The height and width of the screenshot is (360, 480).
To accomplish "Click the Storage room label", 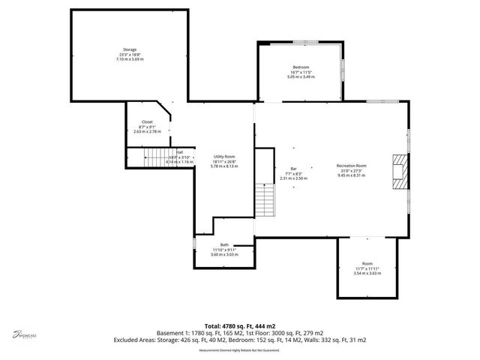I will pos(130,49).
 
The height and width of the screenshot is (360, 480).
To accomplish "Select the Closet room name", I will pos(147,121).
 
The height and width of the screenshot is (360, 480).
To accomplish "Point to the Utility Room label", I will pos(224,156).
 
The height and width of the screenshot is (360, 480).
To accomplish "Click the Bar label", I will pos(293,169).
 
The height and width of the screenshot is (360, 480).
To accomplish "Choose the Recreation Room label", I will pos(351,165).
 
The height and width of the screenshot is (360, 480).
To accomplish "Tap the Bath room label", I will pos(224,244).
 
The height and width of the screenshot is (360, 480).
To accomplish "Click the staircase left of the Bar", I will pos(262,196).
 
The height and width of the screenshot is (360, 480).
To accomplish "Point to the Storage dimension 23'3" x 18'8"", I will pos(130,54).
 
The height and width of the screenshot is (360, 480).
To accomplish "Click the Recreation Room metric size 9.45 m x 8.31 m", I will pos(351,174).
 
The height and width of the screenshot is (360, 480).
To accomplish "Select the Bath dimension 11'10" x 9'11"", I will pos(224,249).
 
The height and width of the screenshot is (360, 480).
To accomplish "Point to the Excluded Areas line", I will pos(239,340).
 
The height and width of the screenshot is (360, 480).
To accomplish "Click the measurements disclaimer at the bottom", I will pos(239,350).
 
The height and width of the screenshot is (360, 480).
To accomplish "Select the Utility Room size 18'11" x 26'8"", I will pos(224,160).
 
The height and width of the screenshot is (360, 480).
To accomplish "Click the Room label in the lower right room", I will pos(367,263).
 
